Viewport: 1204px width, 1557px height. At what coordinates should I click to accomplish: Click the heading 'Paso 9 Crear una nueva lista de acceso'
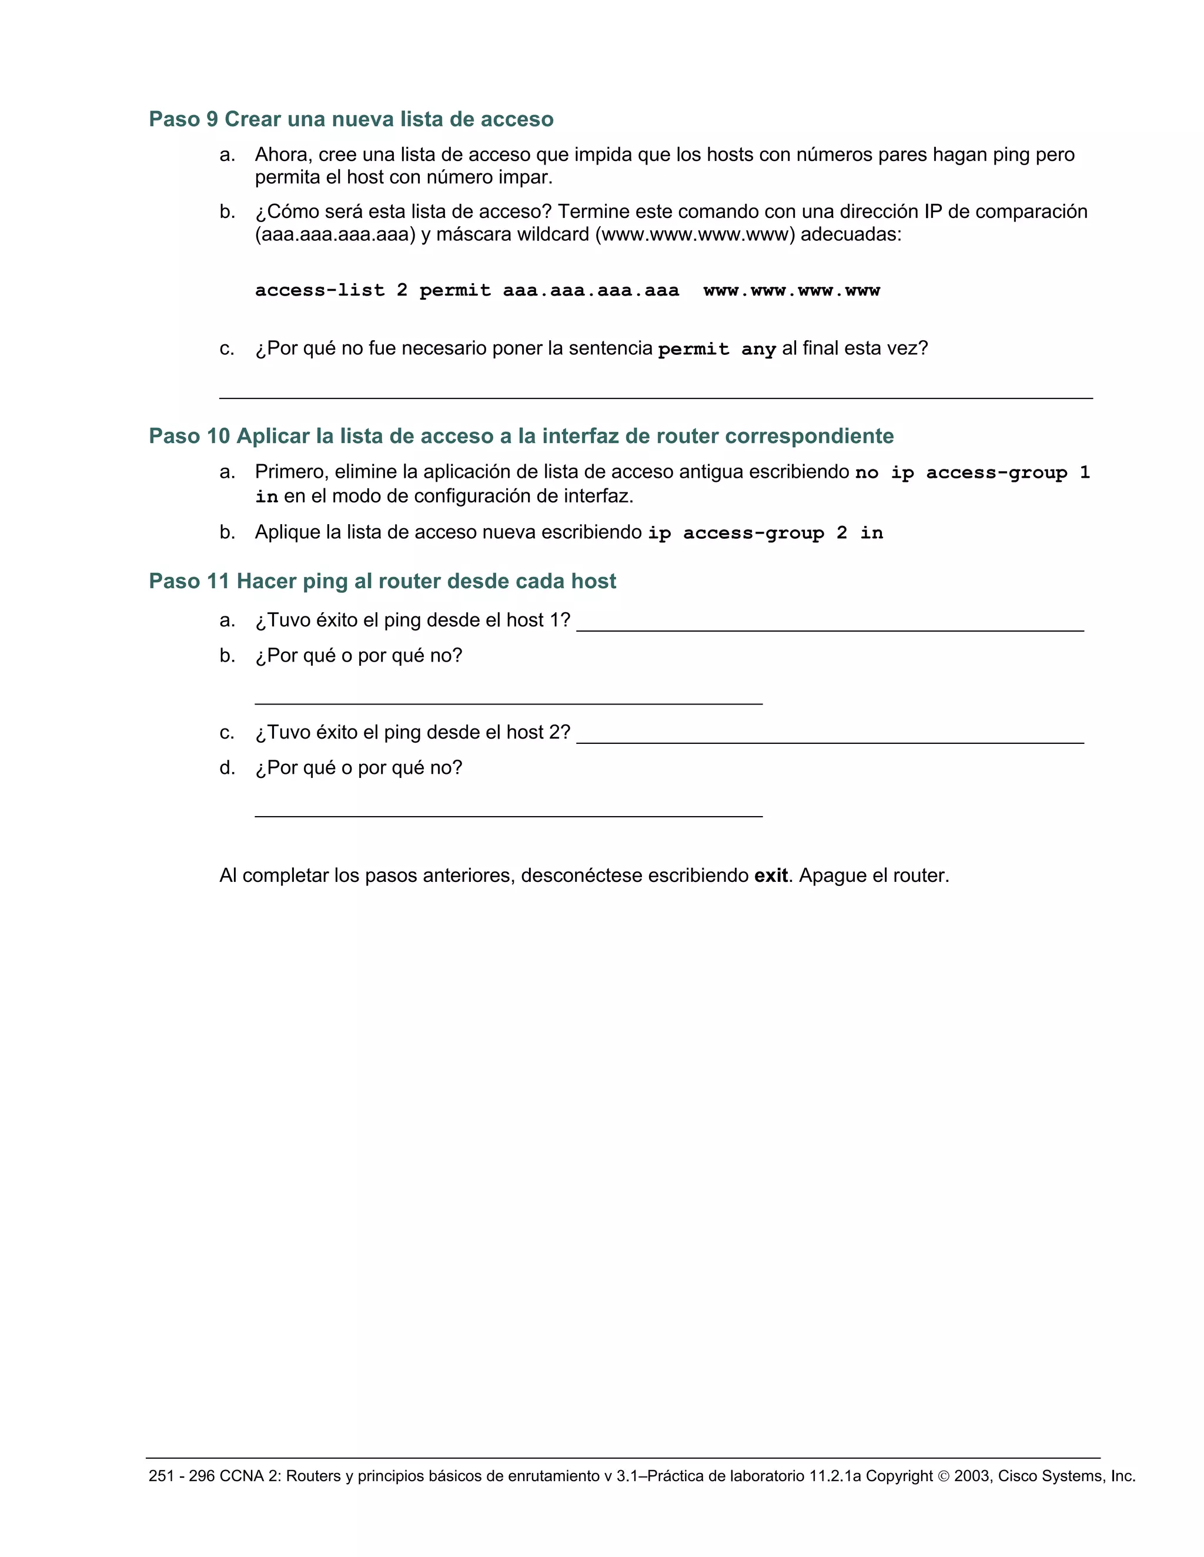[351, 119]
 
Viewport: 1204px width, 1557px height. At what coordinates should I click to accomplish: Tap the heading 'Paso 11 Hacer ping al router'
[382, 581]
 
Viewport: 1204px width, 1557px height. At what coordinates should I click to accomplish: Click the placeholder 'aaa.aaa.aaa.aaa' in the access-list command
[591, 290]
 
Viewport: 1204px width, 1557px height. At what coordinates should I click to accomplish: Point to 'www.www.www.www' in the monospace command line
[791, 290]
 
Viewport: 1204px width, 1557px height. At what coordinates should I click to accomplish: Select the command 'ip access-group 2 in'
[765, 533]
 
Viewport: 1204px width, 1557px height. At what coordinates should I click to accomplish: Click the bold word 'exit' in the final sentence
[770, 875]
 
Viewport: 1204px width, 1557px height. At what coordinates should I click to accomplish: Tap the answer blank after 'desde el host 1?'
[830, 622]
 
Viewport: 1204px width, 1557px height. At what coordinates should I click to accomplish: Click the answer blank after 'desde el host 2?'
[830, 735]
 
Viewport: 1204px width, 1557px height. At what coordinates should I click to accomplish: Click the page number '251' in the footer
[161, 1476]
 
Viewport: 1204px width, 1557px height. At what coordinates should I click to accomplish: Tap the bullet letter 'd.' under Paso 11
[227, 768]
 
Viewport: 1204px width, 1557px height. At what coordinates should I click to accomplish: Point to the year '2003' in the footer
[971, 1476]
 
